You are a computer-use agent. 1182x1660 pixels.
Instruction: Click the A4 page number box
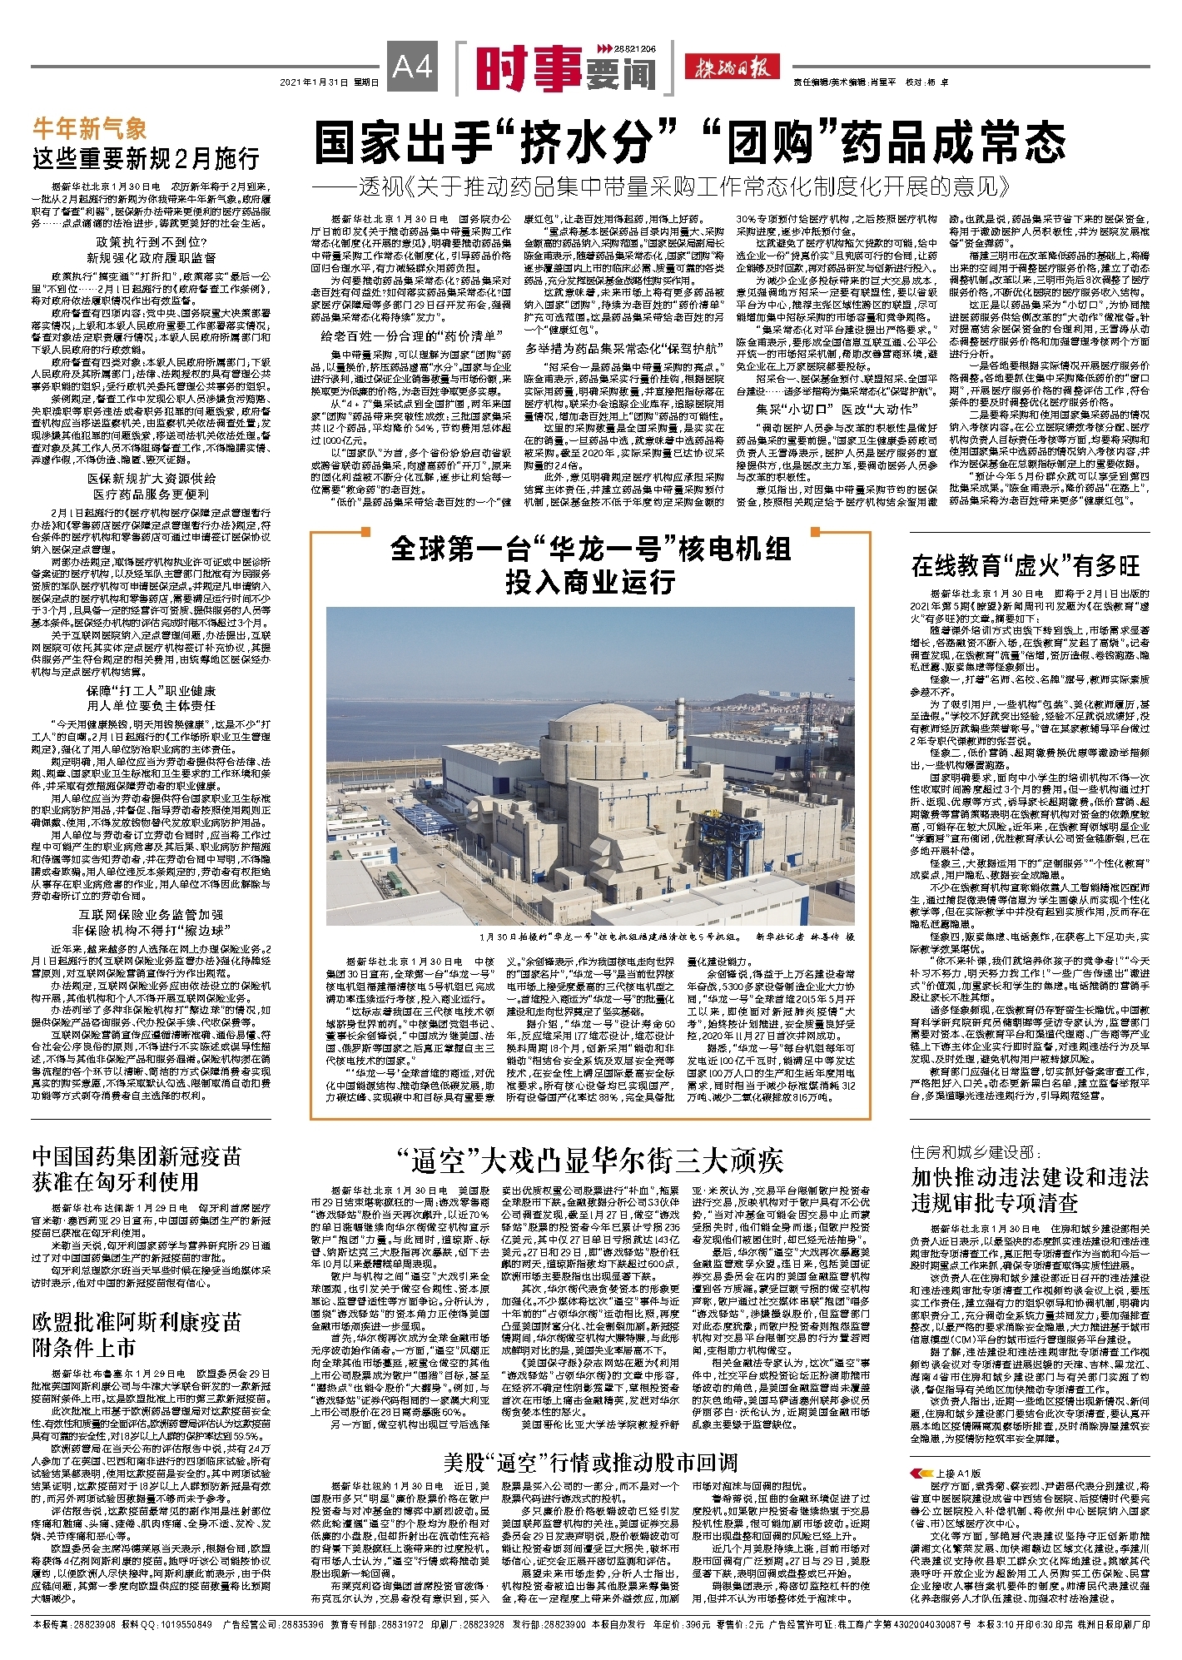tap(413, 66)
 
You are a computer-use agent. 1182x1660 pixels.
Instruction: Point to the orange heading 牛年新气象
tap(89, 129)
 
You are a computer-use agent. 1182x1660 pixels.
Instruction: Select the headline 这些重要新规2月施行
tap(146, 158)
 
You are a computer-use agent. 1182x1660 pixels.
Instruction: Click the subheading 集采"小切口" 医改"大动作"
tap(835, 409)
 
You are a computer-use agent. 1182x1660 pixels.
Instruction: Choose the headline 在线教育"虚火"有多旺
tap(1025, 566)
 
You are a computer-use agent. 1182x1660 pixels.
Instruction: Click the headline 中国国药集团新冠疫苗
tap(137, 1157)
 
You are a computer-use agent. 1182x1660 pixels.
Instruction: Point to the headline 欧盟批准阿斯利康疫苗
tap(137, 1322)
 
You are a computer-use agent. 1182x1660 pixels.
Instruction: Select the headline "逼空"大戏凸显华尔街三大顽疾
tap(589, 1160)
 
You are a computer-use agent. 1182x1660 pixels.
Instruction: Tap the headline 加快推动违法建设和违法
tap(1030, 1177)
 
